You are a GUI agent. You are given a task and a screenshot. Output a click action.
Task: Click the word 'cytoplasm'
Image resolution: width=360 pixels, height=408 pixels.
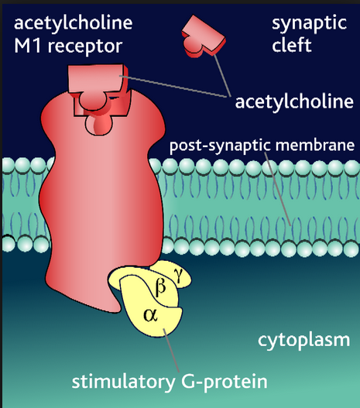(310, 339)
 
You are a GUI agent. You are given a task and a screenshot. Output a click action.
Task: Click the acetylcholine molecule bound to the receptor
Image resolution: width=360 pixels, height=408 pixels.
(97, 85)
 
